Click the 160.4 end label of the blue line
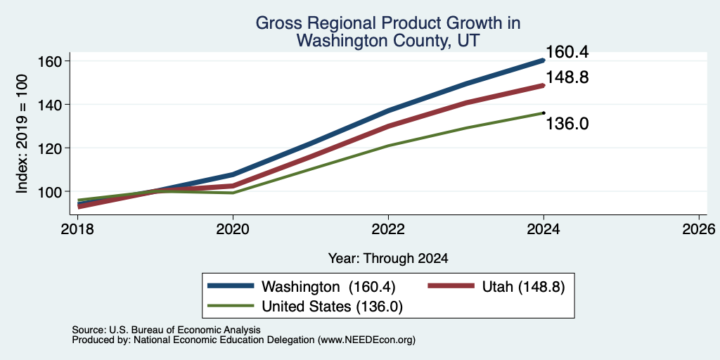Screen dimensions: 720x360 point(567,52)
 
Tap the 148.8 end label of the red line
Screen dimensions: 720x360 point(567,77)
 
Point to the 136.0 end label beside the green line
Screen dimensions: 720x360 point(567,124)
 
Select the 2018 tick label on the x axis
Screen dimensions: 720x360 point(78,229)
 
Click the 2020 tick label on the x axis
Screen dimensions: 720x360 point(233,229)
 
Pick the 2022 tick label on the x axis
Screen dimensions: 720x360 point(388,229)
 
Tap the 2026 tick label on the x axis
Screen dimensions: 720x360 point(699,229)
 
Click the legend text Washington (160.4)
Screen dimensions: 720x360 point(328,287)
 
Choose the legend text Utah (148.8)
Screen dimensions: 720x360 point(523,287)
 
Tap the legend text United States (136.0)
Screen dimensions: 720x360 point(332,307)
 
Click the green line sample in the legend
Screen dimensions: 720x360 point(231,306)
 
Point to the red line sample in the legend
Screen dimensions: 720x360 point(451,286)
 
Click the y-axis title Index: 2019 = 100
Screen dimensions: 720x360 point(22,134)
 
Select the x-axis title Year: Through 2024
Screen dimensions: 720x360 point(388,259)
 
